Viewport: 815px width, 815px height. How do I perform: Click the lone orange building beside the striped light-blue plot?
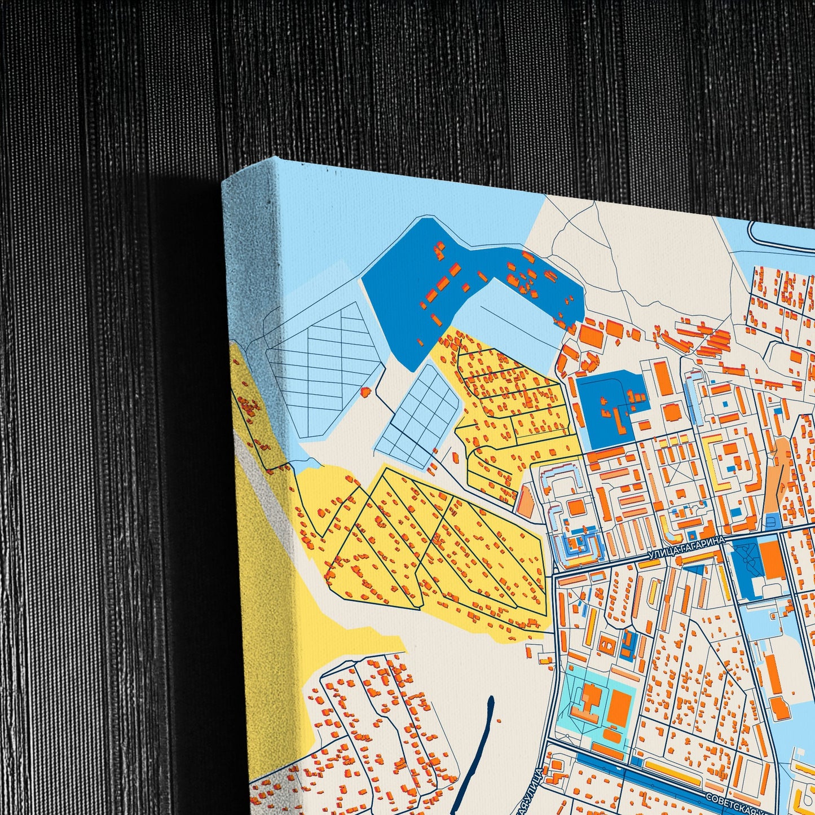(x=365, y=391)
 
